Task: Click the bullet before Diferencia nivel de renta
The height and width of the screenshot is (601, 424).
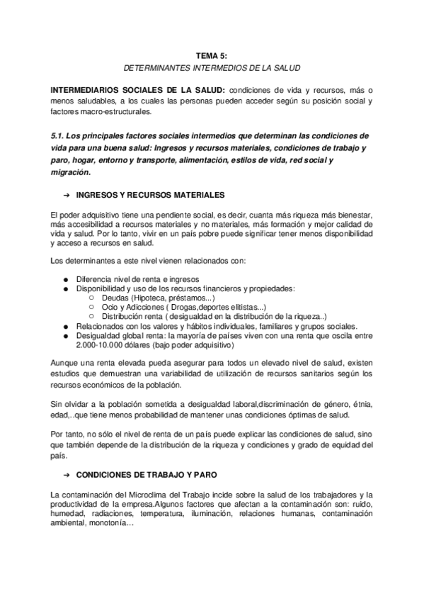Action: (x=65, y=279)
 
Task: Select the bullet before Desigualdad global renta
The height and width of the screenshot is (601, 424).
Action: (x=65, y=336)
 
